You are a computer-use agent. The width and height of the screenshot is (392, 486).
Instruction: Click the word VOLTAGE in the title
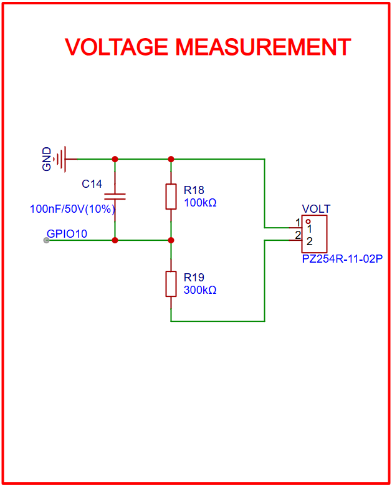coord(117,47)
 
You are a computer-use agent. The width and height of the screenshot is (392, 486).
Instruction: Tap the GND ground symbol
coord(62,159)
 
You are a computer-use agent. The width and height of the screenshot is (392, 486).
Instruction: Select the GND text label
coord(47,160)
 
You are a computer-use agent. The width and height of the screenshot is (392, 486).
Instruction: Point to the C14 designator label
coord(92,184)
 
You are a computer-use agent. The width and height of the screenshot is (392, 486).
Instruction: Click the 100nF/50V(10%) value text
coord(72,209)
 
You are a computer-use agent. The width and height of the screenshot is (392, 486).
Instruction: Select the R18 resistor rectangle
coord(171,197)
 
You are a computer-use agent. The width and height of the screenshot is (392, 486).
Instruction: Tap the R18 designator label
coord(194,190)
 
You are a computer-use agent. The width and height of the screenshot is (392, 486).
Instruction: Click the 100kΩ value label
coord(200,203)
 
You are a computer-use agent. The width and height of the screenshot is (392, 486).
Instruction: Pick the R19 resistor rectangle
coord(171,284)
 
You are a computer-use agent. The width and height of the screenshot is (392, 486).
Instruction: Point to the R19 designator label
coord(194,277)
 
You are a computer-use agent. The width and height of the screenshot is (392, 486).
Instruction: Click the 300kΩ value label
coord(200,290)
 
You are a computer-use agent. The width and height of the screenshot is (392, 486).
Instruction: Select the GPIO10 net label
coord(67,234)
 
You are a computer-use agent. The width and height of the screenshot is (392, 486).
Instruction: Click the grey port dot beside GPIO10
coord(46,240)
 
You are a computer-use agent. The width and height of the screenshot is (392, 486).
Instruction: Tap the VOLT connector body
coord(314,234)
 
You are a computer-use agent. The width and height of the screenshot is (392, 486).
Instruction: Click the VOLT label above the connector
coord(316,209)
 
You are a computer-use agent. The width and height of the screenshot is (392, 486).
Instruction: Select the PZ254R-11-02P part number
coord(342,259)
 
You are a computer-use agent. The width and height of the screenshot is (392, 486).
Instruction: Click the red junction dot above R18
coord(171,159)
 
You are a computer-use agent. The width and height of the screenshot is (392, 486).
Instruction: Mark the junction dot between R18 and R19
coord(171,240)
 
